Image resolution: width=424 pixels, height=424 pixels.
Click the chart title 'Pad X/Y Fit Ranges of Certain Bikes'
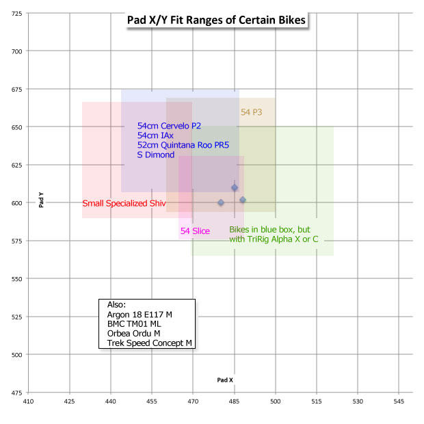[217, 20]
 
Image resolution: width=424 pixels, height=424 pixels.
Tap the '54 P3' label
[252, 111]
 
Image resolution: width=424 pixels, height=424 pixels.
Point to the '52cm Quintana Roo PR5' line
[183, 146]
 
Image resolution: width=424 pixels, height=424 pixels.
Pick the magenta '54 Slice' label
[195, 231]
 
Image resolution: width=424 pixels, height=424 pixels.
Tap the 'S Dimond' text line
[156, 155]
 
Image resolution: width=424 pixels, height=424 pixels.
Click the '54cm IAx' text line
[157, 136]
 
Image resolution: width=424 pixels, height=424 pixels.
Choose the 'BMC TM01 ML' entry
[135, 323]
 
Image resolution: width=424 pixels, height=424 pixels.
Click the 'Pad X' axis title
[225, 380]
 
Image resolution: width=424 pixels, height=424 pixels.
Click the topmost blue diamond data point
[235, 187]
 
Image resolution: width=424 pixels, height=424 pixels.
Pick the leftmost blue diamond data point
[221, 202]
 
